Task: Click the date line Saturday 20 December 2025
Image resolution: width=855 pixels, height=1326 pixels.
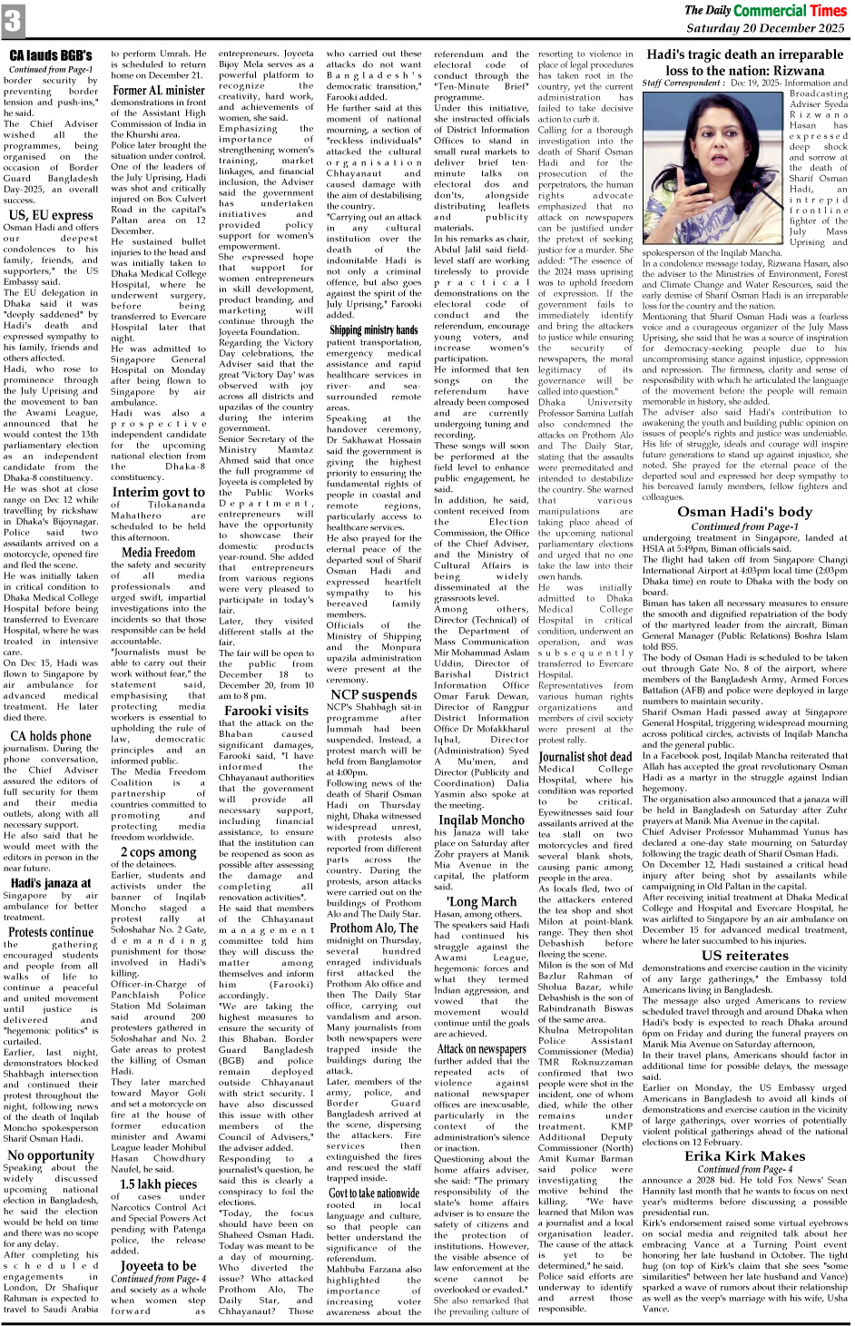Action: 765,28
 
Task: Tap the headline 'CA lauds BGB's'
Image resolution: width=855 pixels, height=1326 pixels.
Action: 51,56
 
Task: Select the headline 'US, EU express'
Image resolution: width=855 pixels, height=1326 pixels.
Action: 51,215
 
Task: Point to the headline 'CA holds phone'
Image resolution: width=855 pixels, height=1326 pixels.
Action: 51,736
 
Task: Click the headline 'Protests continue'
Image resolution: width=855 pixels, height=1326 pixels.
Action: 51,931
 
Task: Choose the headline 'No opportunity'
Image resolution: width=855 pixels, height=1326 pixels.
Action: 51,1155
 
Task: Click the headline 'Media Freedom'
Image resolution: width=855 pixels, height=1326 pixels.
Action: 158,551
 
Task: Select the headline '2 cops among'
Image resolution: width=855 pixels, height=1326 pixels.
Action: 158,851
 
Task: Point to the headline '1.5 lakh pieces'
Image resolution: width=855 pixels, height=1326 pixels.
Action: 158,1184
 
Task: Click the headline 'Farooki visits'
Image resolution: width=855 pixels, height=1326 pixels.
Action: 266,711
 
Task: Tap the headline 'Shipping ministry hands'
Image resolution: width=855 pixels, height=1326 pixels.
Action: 373,329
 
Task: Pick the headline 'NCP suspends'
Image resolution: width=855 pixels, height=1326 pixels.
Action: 373,694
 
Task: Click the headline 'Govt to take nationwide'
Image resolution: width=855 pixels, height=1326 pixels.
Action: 373,1193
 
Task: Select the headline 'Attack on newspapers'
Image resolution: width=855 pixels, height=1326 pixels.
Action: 481,1048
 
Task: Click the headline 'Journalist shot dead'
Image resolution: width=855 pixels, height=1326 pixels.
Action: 585,756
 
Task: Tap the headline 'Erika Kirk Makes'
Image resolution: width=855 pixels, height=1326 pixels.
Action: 744,1155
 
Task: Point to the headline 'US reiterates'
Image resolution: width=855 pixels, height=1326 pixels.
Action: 744,955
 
